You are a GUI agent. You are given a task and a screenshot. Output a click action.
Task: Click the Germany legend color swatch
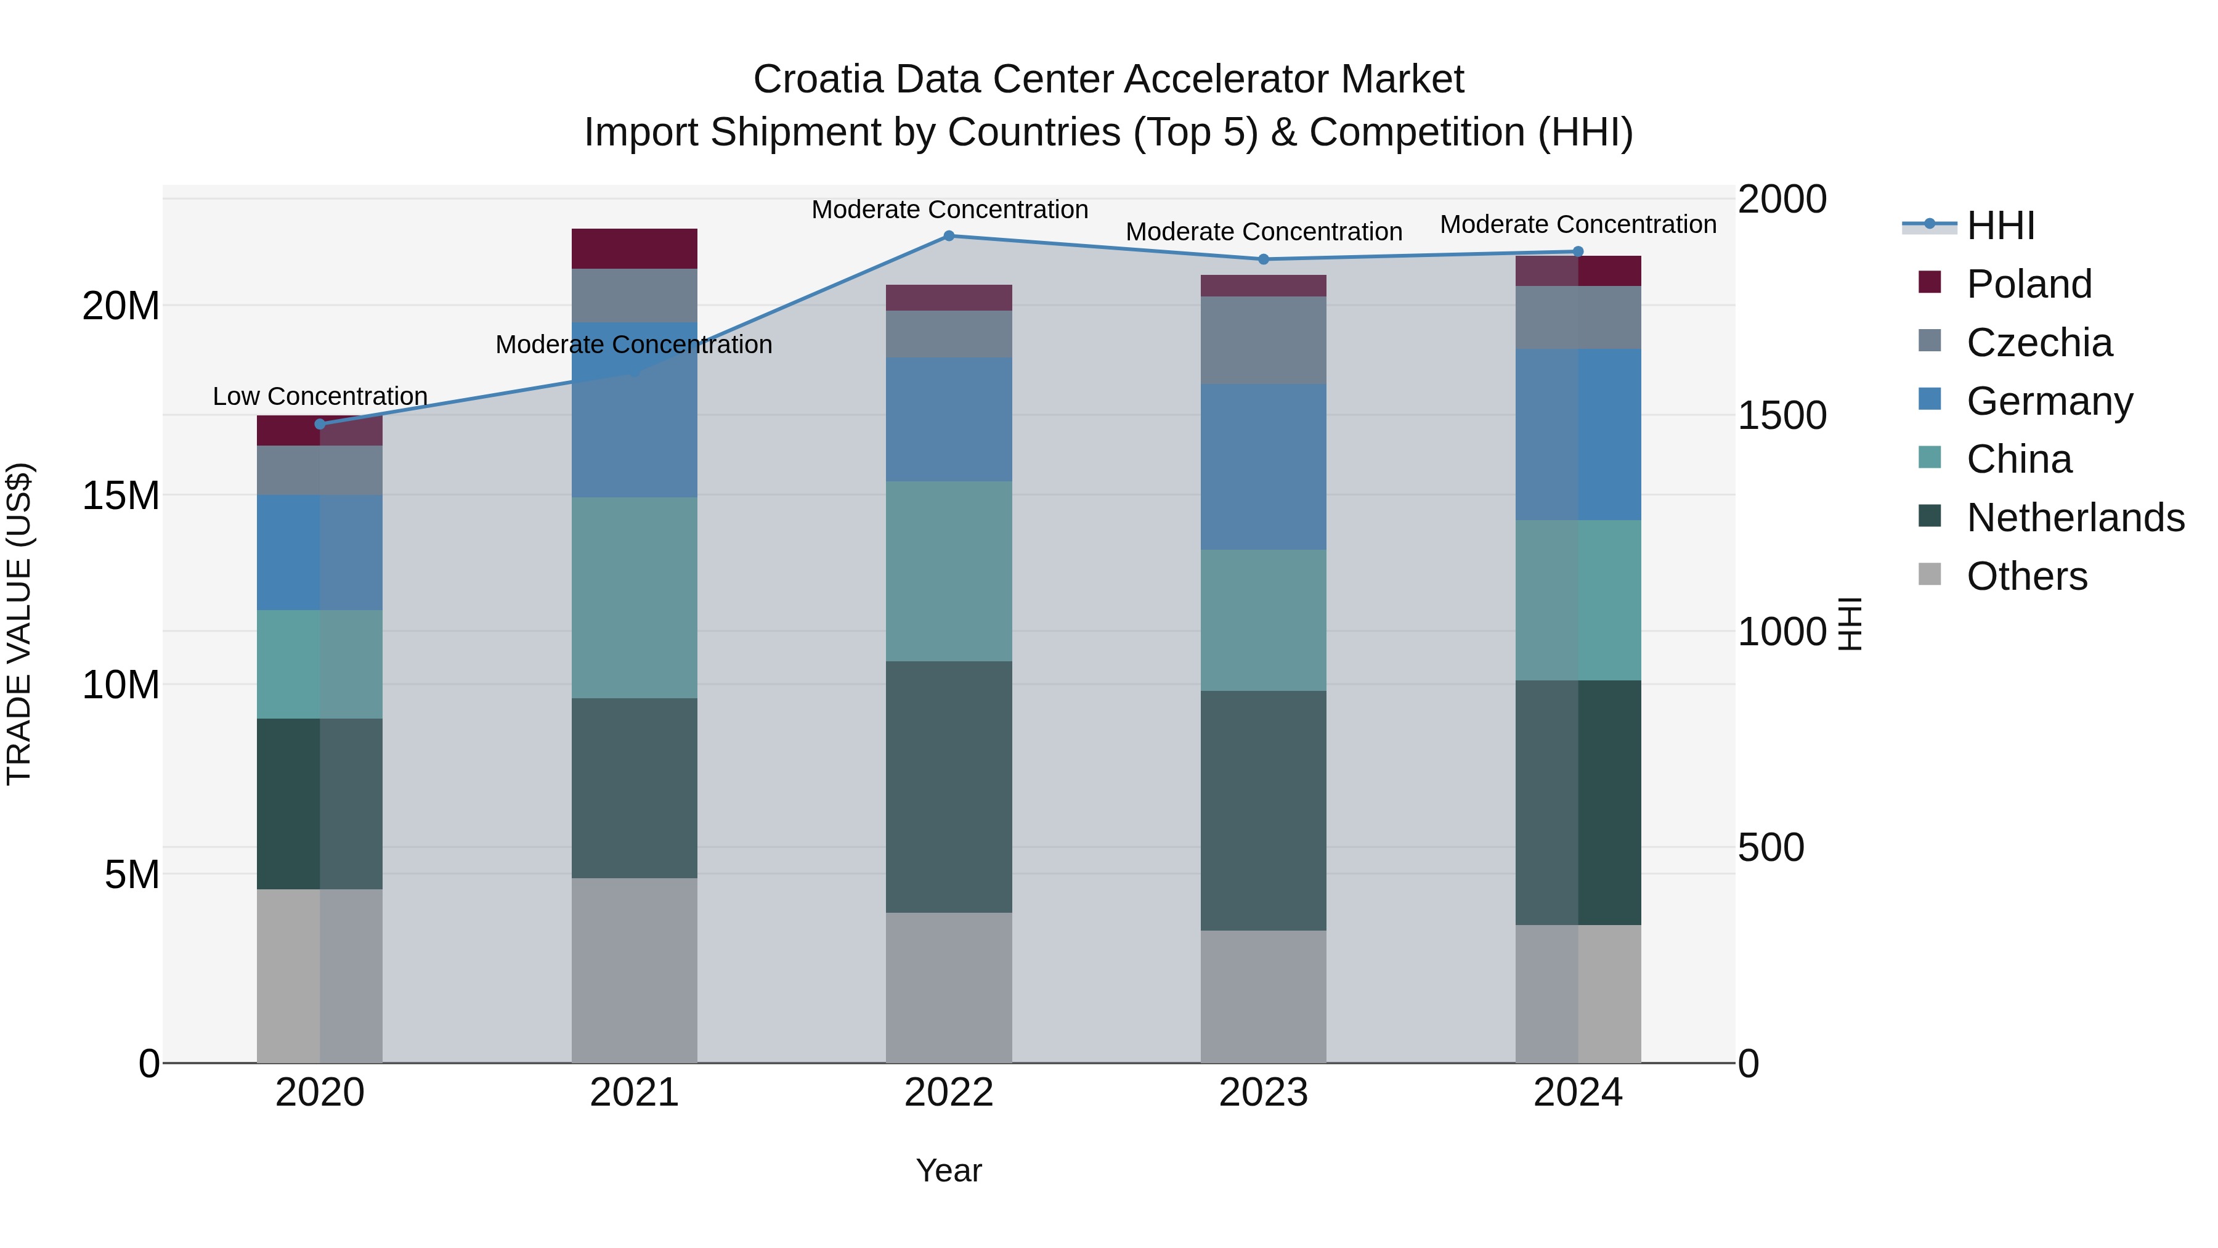(x=1930, y=399)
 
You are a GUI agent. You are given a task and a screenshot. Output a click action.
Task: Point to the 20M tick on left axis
(x=121, y=306)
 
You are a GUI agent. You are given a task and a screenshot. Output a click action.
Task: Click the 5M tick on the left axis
(x=132, y=874)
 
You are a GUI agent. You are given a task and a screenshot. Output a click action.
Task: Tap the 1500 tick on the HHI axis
(x=1781, y=415)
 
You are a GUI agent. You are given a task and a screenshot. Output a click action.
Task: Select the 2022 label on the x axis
(x=949, y=1093)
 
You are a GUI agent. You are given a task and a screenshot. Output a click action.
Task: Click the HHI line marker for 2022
(x=949, y=235)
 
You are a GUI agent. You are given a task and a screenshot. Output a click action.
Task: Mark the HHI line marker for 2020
(x=320, y=424)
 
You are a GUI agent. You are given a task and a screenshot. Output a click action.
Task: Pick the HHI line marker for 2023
(x=1263, y=259)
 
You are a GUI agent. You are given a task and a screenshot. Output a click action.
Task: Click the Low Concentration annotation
(x=320, y=396)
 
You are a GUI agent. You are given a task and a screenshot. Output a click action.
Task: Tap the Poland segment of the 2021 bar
(x=635, y=249)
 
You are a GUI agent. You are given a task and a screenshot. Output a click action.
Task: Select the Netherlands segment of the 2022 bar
(x=949, y=786)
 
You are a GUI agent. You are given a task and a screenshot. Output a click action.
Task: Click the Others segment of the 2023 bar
(x=1263, y=996)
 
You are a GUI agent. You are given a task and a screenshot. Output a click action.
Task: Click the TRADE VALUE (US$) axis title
(x=19, y=624)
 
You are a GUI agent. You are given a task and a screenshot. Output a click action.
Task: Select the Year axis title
(x=949, y=1170)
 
